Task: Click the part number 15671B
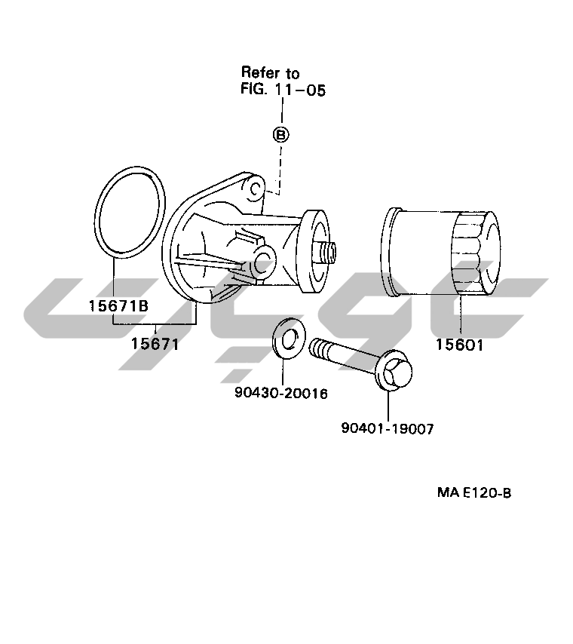click(118, 305)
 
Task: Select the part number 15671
click(155, 343)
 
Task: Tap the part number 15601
click(460, 345)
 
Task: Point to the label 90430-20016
click(281, 393)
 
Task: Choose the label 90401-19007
click(388, 428)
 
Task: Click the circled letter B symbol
click(281, 135)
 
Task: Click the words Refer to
click(270, 72)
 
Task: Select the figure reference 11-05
click(300, 90)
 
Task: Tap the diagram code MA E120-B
click(474, 492)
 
